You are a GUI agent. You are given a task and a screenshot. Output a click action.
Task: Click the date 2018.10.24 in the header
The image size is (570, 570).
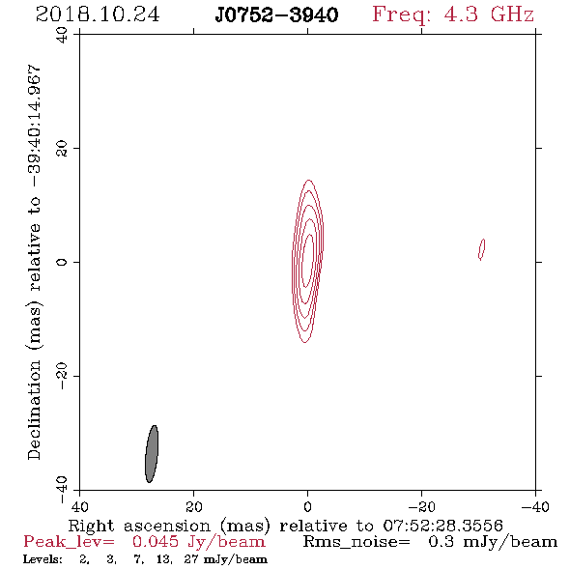[98, 14]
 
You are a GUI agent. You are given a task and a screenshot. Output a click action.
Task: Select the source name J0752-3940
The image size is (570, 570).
[276, 15]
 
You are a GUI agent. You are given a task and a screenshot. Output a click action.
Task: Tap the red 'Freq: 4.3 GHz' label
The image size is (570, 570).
[453, 14]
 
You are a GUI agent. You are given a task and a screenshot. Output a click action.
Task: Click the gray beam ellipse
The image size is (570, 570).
[152, 454]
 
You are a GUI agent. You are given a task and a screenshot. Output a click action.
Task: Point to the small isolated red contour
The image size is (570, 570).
[481, 249]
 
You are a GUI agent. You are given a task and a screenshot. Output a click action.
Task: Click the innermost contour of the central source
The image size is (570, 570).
[308, 261]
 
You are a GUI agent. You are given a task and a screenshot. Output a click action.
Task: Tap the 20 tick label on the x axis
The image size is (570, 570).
[193, 506]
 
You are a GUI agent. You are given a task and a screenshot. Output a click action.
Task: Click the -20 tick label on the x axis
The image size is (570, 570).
[421, 506]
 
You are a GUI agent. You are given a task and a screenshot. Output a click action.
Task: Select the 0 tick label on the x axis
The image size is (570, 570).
[307, 506]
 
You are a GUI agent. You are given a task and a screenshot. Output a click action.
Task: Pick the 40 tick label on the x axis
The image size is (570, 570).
[79, 506]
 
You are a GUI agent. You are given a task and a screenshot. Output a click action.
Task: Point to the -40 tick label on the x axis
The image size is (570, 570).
[535, 506]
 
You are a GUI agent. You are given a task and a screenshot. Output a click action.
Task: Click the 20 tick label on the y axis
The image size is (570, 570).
[62, 149]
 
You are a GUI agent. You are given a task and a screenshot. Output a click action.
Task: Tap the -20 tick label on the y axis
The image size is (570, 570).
[62, 376]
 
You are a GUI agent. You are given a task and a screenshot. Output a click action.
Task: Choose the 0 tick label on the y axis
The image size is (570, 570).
[62, 262]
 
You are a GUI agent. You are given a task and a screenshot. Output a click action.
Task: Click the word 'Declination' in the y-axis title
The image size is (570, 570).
[34, 410]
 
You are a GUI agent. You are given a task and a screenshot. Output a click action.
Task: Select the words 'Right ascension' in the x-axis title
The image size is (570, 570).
[139, 526]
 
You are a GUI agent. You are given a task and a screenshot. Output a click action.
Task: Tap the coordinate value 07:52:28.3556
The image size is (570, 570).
[442, 526]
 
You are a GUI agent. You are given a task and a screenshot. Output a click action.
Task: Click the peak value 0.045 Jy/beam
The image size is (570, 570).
[199, 542]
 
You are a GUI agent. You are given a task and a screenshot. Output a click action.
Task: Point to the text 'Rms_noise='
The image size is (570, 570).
[356, 542]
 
